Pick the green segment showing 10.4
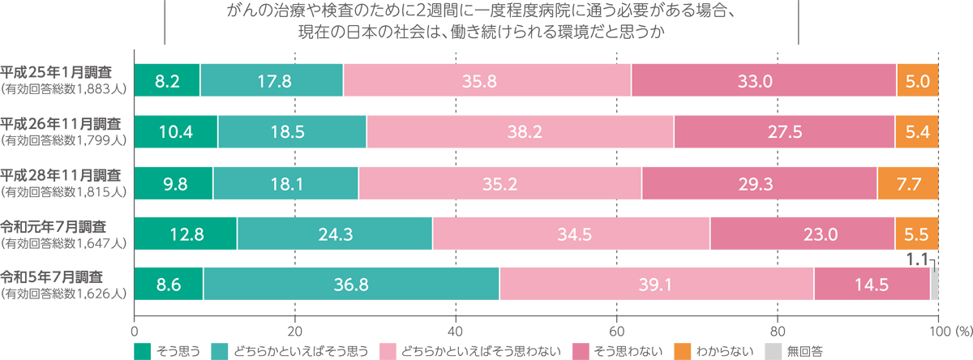(176, 132)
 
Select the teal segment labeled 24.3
(334, 235)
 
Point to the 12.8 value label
(187, 235)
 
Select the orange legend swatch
(682, 346)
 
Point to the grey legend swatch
(771, 346)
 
